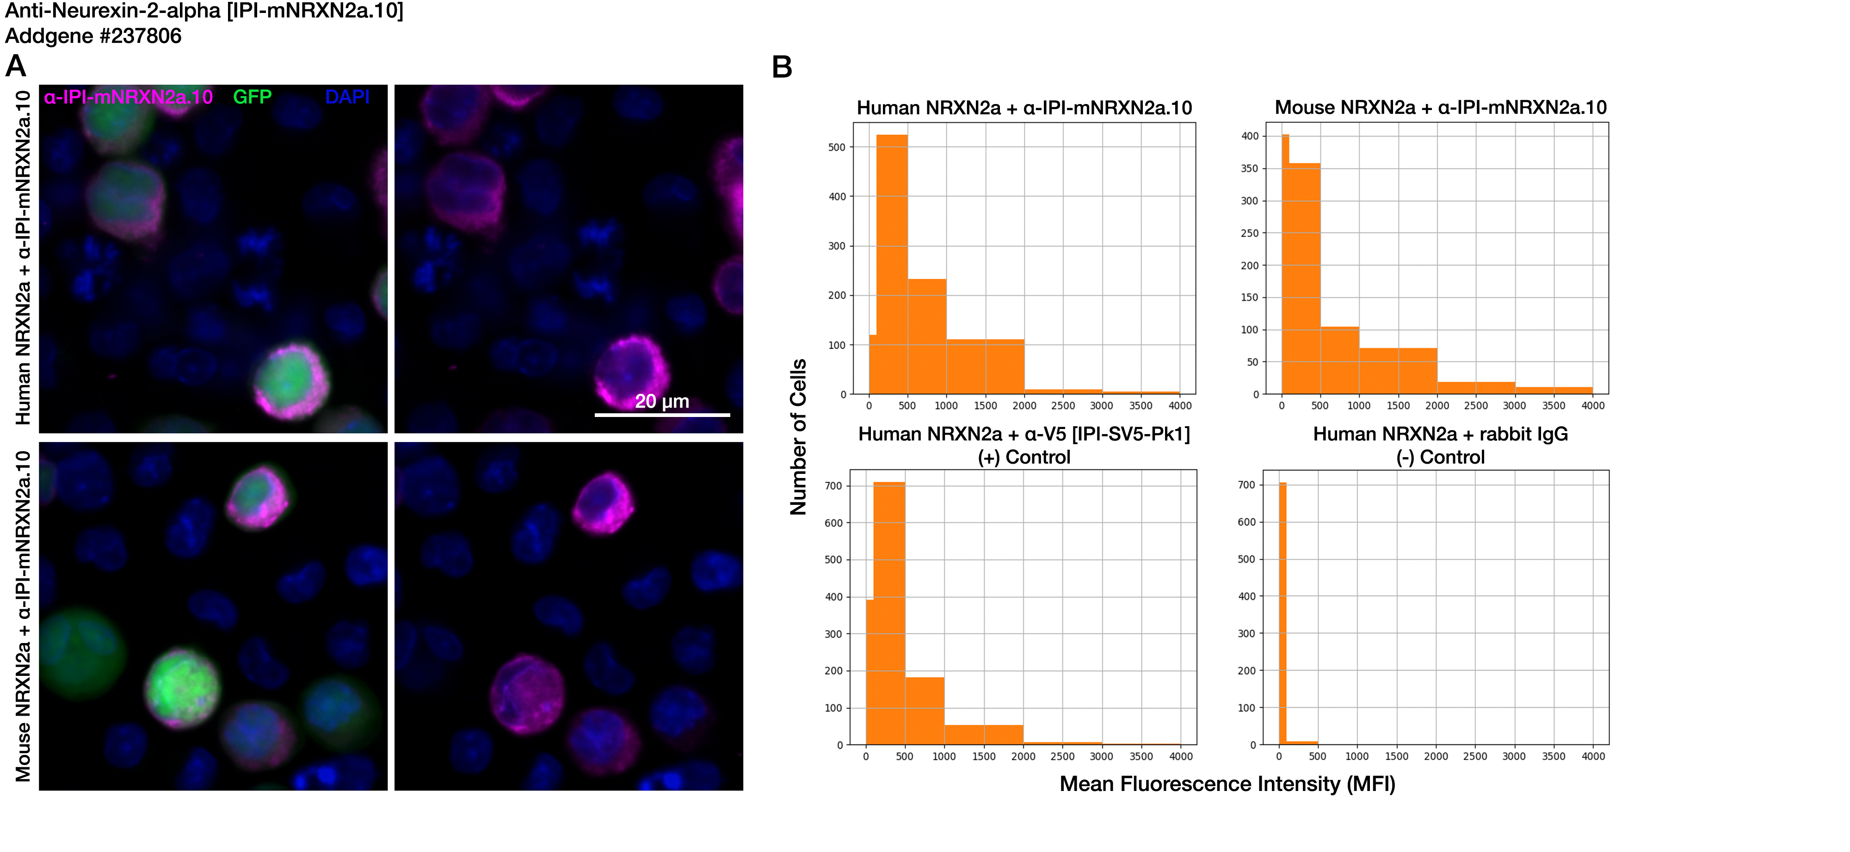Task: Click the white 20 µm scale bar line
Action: [662, 415]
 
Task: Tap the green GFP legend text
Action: [252, 97]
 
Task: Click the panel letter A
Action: [16, 67]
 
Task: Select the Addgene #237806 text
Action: [93, 36]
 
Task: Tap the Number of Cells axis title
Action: [799, 436]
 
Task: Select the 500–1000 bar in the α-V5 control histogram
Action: [924, 711]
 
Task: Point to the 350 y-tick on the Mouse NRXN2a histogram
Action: [1250, 169]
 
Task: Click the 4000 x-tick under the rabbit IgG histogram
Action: [1593, 756]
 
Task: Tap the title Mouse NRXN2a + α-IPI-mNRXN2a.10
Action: [1441, 108]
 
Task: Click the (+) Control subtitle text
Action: [1024, 457]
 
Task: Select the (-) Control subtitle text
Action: [1441, 457]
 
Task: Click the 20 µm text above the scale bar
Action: [662, 401]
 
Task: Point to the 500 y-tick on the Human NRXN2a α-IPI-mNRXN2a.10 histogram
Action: [838, 147]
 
